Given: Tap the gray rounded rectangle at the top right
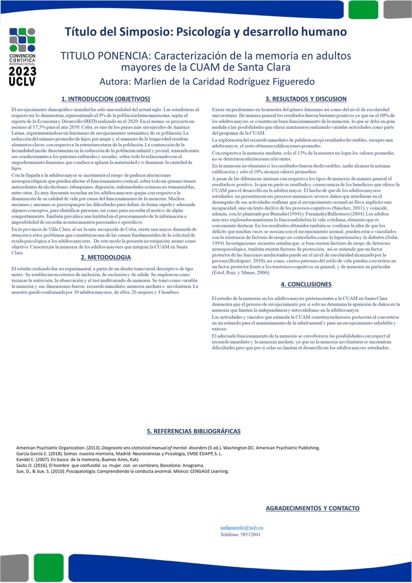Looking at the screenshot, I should [x=402, y=9].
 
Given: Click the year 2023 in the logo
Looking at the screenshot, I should [x=23, y=72].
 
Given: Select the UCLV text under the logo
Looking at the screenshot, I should [x=23, y=82].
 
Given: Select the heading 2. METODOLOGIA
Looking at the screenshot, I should [x=106, y=257].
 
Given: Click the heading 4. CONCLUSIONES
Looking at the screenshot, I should [x=306, y=284].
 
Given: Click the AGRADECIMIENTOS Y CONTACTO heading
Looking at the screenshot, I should [x=313, y=508].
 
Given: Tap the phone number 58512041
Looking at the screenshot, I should [x=251, y=535].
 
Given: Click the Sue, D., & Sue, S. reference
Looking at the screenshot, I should [x=123, y=471].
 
